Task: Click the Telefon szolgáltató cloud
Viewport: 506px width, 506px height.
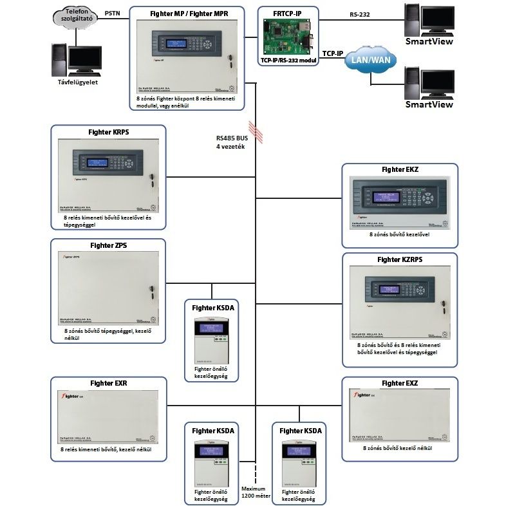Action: point(76,17)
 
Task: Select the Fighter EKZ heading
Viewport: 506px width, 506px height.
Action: point(400,170)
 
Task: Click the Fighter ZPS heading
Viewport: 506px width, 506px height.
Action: point(108,245)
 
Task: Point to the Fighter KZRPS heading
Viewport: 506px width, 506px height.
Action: point(400,259)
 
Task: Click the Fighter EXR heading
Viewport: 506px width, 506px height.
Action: point(108,384)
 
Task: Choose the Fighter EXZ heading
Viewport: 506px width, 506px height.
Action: point(400,384)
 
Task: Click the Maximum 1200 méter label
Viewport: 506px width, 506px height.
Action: point(254,492)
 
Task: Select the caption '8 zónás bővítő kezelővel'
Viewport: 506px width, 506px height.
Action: point(400,236)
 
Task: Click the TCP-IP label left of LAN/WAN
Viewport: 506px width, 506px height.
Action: point(332,54)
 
